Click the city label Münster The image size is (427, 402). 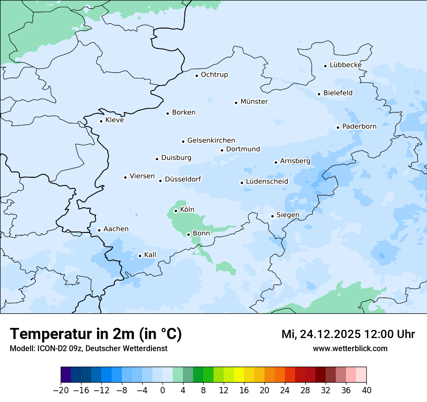254,102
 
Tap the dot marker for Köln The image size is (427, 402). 176,211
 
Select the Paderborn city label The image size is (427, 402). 359,126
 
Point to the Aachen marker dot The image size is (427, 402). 99,231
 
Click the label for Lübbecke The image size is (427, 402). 345,65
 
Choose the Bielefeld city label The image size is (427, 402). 338,93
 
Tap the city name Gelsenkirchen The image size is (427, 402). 211,140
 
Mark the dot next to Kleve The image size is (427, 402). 101,121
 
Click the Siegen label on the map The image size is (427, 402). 288,215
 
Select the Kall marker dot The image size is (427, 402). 140,256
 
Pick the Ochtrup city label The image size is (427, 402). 214,75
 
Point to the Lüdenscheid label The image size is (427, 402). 267,182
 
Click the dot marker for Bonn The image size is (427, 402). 189,234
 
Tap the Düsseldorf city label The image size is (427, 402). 183,179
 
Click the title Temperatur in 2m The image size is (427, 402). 96,334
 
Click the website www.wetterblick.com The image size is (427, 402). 350,348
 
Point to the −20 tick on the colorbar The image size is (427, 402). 61,390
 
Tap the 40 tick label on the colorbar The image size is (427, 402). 366,390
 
